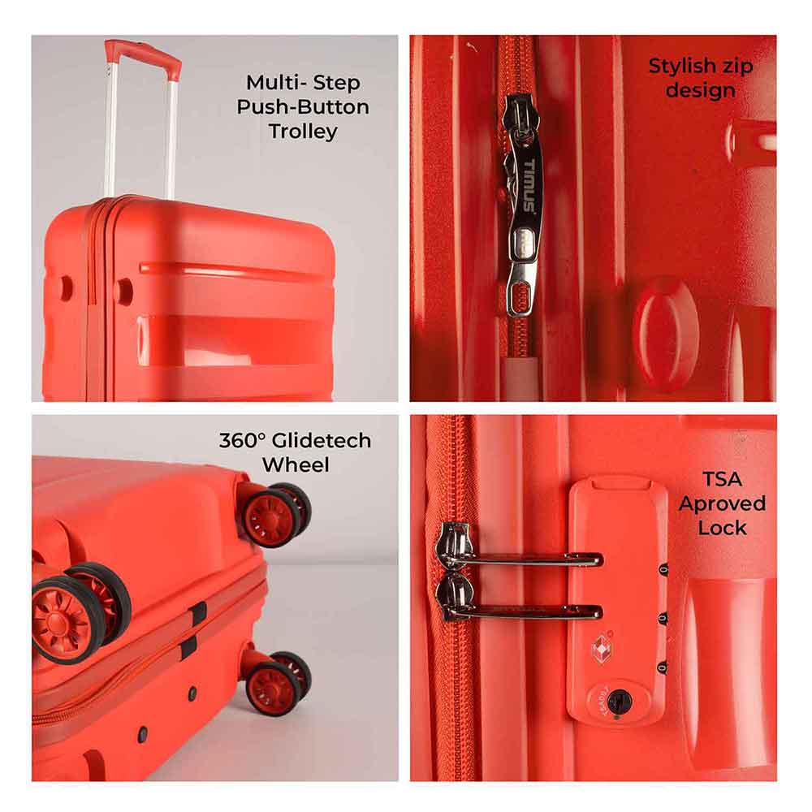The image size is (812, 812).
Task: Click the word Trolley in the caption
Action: click(x=303, y=132)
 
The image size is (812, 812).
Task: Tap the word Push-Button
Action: click(x=303, y=107)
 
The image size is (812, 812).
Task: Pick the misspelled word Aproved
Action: click(x=722, y=503)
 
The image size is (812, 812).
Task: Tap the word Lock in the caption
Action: click(x=722, y=528)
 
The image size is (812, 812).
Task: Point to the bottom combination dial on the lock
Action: click(x=663, y=667)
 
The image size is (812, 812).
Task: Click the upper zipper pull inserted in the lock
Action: click(x=520, y=558)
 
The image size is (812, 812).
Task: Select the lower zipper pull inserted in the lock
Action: click(x=520, y=611)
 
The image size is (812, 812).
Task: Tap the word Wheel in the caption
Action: click(x=295, y=465)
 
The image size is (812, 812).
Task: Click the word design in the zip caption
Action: click(x=701, y=91)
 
